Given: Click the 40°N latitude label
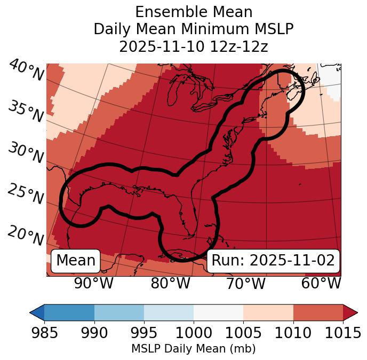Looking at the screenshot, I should coord(26,71).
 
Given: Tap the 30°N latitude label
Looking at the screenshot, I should coord(26,153).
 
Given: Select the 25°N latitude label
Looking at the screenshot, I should coord(26,194).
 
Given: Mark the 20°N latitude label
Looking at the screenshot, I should coord(26,236).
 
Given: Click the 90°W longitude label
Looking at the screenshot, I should coord(93,283).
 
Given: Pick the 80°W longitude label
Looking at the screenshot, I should coord(170,283).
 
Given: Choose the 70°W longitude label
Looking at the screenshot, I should coord(246,283).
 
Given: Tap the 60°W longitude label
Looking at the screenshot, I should coord(321,283).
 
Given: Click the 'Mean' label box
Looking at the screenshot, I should coord(76,261).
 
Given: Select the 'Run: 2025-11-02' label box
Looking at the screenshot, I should coord(273,261).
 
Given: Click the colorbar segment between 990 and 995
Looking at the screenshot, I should coord(119,312).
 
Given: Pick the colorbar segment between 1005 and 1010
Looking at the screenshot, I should coord(268,312).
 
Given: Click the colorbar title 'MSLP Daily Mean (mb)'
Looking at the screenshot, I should coord(193,349).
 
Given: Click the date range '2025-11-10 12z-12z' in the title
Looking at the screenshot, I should coord(194,46).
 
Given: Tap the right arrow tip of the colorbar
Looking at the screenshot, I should coord(356,312).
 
